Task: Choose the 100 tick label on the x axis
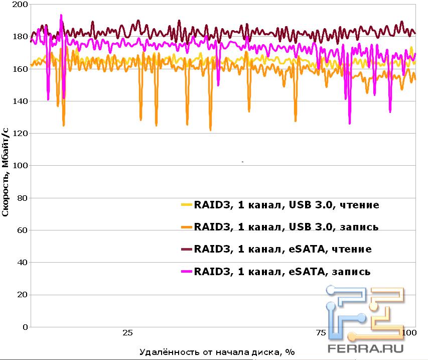coord(409,333)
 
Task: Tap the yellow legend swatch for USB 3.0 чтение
coord(186,205)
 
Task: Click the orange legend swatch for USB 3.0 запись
coord(186,227)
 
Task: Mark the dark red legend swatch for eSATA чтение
coord(186,250)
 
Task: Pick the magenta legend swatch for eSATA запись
coord(186,272)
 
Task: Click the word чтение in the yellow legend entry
coord(359,205)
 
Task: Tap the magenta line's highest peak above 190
coord(61,16)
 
